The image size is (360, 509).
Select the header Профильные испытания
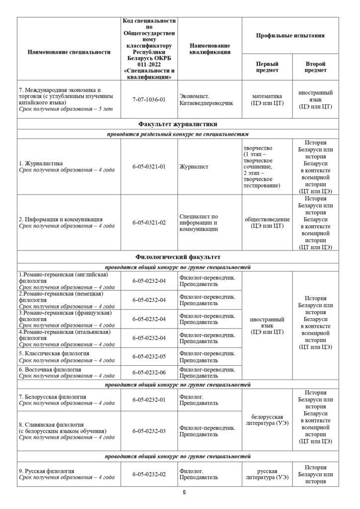290,36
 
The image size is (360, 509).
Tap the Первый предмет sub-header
267,67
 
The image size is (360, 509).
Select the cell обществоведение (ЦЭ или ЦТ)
267,223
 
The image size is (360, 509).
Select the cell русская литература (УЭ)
267,474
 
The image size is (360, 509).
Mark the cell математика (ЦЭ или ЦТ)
267,99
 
